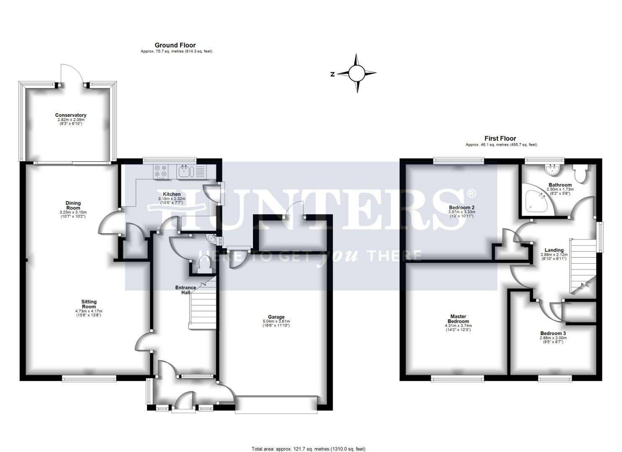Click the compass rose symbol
tap(357, 73)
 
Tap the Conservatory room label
tap(71, 115)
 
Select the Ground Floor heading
tap(175, 45)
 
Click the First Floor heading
tap(500, 138)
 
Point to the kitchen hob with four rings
tap(160, 172)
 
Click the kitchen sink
tap(185, 171)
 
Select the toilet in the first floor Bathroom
tap(581, 173)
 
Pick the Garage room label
tap(276, 317)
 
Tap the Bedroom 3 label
tap(553, 334)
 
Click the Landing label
tap(554, 250)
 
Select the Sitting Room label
tap(89, 304)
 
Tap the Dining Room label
tap(73, 205)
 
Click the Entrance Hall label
tap(186, 290)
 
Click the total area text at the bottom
tap(308, 449)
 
